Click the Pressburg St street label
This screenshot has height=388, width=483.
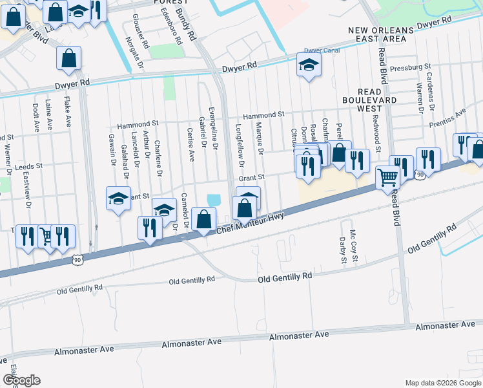click(x=409, y=67)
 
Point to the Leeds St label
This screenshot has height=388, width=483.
click(x=28, y=166)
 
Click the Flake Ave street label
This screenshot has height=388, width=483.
click(x=67, y=111)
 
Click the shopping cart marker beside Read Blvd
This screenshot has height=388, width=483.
click(x=387, y=177)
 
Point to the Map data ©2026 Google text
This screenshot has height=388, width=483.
click(x=443, y=383)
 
